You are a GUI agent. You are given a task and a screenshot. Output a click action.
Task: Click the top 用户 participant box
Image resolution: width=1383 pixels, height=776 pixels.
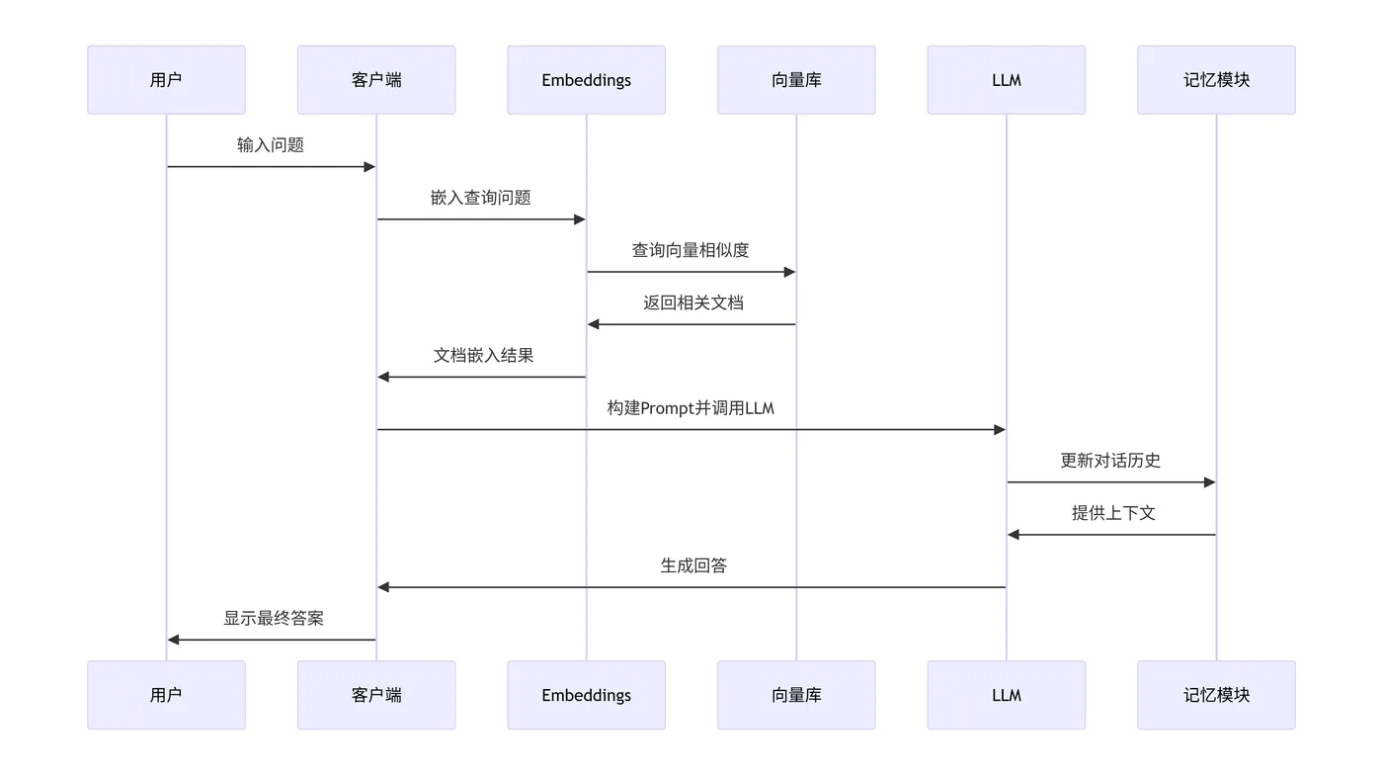click(x=166, y=80)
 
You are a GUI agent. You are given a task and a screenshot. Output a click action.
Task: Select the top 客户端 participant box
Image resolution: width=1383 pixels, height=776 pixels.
click(x=376, y=80)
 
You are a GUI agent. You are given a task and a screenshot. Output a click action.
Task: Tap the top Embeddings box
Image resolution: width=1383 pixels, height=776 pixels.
click(x=586, y=80)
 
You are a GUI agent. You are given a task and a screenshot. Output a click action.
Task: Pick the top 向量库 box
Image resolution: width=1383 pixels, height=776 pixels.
click(x=796, y=80)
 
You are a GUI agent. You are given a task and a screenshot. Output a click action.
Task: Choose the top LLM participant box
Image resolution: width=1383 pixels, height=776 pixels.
click(x=1006, y=80)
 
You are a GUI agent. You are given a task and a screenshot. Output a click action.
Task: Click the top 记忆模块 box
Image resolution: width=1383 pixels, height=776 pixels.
click(x=1216, y=80)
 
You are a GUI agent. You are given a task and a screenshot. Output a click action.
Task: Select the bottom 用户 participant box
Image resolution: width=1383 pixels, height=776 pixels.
click(x=166, y=695)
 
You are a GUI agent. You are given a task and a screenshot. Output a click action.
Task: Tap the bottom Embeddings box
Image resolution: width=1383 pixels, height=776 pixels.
click(x=586, y=695)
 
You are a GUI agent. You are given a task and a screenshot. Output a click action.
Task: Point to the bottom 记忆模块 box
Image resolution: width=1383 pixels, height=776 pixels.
click(x=1216, y=695)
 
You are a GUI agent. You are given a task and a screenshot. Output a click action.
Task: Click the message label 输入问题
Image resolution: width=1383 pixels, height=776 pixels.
click(x=271, y=145)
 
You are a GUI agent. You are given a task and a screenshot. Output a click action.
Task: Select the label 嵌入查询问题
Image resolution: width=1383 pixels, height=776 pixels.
click(x=481, y=198)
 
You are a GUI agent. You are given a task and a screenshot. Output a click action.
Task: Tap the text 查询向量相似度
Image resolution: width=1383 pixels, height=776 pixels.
click(x=691, y=250)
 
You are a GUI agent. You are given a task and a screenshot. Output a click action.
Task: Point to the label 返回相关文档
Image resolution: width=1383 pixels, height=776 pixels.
click(x=692, y=302)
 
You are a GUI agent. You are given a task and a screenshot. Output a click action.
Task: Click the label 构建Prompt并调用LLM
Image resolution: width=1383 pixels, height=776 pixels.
click(x=691, y=407)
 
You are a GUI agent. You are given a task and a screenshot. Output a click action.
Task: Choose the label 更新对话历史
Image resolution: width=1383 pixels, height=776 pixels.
click(x=1110, y=460)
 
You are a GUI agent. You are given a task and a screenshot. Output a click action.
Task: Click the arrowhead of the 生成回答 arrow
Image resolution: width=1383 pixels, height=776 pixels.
click(x=384, y=587)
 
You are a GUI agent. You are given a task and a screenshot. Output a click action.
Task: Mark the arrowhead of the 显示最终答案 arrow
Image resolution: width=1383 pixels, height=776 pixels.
click(x=174, y=640)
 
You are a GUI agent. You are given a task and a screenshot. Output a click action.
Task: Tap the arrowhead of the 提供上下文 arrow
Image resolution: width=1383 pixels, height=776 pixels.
click(x=1014, y=535)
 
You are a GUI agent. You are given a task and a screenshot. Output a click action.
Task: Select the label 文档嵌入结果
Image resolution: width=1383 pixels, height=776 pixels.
click(x=483, y=355)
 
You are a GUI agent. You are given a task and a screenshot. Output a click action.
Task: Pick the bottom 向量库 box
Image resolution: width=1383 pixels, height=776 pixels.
click(x=796, y=695)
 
